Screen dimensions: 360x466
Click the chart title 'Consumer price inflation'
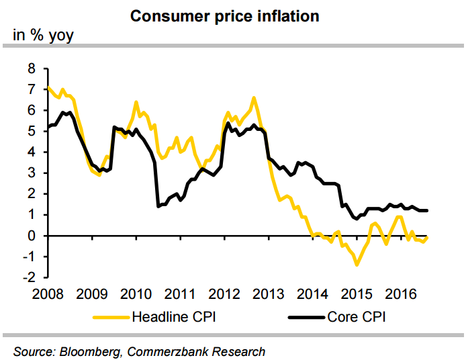224,15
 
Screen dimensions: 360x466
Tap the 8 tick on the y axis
31,69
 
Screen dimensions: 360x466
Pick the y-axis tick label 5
31,132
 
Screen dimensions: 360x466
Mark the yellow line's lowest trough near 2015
357,265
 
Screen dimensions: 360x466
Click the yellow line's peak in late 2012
254,98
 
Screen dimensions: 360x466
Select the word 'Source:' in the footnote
34,351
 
